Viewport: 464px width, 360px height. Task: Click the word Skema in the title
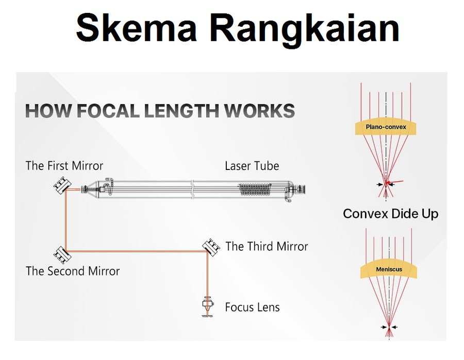pyautogui.click(x=137, y=28)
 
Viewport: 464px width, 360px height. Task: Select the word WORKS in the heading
pyautogui.click(x=259, y=111)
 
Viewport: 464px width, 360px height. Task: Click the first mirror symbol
pyautogui.click(x=62, y=185)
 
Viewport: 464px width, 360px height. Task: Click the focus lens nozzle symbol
pyautogui.click(x=208, y=307)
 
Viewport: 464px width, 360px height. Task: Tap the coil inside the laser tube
pyautogui.click(x=255, y=190)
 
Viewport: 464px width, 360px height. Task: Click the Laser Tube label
pyautogui.click(x=252, y=166)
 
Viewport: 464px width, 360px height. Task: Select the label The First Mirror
pyautogui.click(x=64, y=165)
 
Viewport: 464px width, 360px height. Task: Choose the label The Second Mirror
pyautogui.click(x=73, y=271)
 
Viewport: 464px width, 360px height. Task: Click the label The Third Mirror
pyautogui.click(x=267, y=246)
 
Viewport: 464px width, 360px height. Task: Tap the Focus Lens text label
pyautogui.click(x=252, y=307)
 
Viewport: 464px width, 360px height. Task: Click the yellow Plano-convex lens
pyautogui.click(x=386, y=127)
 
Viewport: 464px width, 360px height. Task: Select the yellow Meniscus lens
pyautogui.click(x=389, y=269)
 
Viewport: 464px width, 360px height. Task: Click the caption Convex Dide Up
pyautogui.click(x=391, y=213)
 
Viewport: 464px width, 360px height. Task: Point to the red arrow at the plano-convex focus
pyautogui.click(x=395, y=182)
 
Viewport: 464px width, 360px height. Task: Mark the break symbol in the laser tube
pyautogui.click(x=193, y=190)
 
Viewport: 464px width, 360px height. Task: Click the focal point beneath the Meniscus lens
pyautogui.click(x=389, y=327)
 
